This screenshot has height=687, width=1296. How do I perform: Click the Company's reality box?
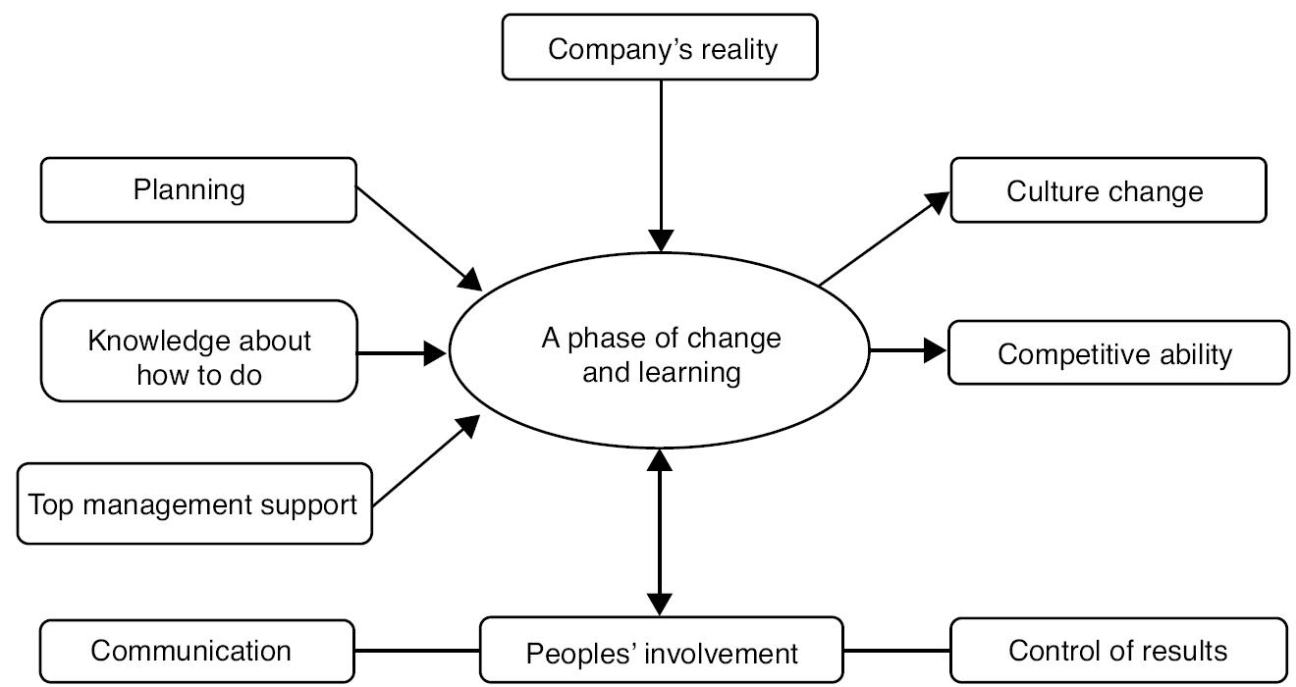pos(660,47)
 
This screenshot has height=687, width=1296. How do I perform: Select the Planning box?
pos(198,189)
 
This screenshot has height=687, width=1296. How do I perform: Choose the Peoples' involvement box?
pos(661,652)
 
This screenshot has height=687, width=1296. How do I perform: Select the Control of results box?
pos(1117,650)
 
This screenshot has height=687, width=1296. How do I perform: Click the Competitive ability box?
pos(1117,352)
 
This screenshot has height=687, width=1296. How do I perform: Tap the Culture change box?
pos(1107,190)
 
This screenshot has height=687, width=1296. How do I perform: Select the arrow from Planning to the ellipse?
pos(417,237)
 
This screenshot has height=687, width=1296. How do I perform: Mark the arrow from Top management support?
pos(425,462)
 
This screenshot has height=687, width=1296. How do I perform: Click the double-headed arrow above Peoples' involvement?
pos(661,530)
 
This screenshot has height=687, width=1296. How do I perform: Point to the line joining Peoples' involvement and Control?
pos(896,650)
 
